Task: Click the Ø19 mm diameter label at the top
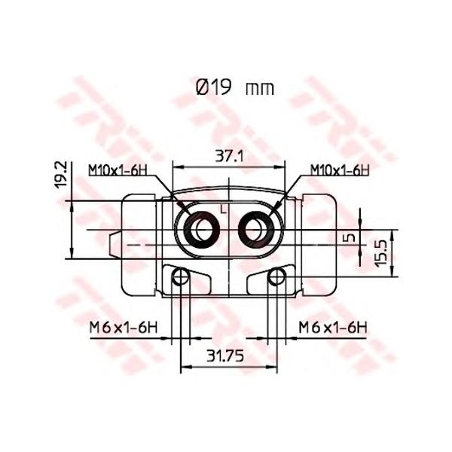234,87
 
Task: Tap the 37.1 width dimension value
230,157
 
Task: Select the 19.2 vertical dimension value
61,175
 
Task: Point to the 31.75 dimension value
225,356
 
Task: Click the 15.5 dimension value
381,253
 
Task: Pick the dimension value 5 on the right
350,238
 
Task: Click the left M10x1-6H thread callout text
118,170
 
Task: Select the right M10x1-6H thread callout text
340,170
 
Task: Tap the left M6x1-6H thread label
124,328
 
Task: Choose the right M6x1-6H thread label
333,328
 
